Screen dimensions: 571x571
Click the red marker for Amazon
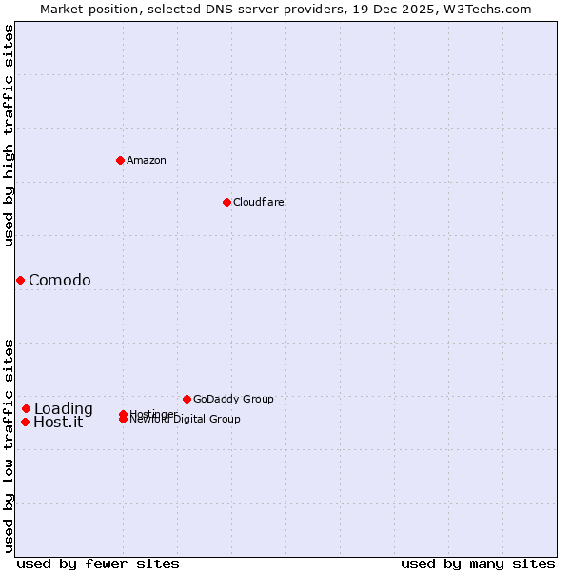click(120, 160)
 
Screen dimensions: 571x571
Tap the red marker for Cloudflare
click(226, 202)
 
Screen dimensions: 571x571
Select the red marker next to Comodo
click(20, 280)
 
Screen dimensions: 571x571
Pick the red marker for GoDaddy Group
click(187, 399)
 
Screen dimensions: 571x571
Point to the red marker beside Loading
click(27, 408)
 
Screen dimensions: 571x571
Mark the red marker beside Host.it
click(25, 422)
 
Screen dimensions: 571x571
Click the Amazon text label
click(147, 160)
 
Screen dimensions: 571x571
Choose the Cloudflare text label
click(259, 202)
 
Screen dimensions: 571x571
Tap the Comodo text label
click(60, 280)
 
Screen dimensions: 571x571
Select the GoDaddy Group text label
click(233, 399)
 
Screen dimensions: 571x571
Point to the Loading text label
click(64, 409)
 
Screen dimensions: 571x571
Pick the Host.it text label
click(58, 423)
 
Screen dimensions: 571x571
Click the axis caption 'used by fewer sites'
click(98, 563)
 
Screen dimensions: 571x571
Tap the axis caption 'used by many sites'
click(478, 563)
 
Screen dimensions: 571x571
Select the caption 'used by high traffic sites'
click(10, 135)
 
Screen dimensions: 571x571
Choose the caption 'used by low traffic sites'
click(10, 445)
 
